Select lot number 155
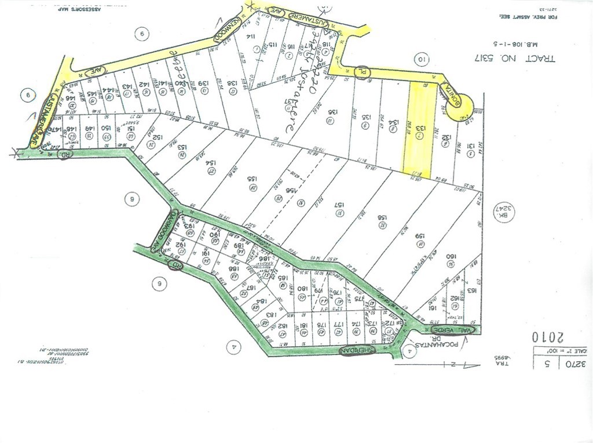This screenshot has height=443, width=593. coord(253,180)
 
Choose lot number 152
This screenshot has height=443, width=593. coord(157,137)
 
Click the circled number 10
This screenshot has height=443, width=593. coord(421,59)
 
